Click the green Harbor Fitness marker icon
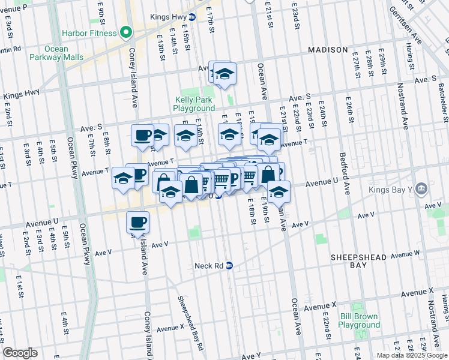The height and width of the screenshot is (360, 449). click(126, 31)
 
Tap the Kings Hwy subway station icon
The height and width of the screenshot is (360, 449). click(191, 17)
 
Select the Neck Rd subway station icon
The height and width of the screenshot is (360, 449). click(229, 265)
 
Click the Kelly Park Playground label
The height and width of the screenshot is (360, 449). click(194, 104)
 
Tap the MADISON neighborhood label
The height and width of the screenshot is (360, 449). click(328, 49)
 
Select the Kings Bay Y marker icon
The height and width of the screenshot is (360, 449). click(421, 189)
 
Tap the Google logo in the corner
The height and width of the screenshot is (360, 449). click(20, 353)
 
